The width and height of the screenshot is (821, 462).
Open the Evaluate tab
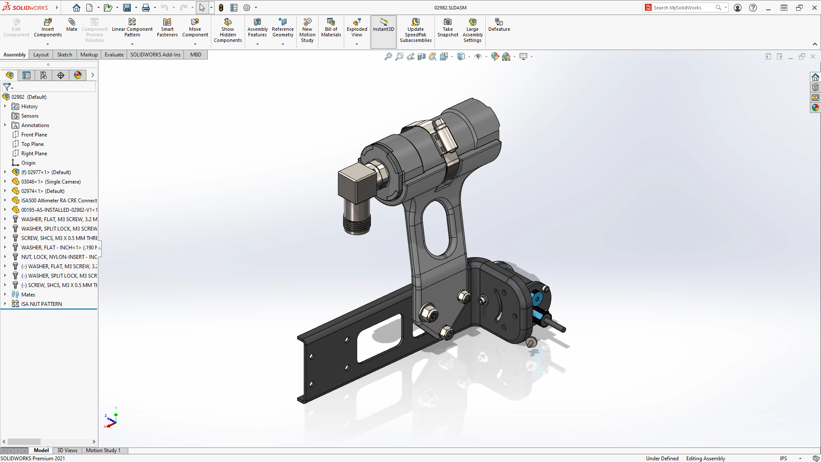tap(114, 55)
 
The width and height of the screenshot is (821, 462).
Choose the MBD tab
tap(196, 55)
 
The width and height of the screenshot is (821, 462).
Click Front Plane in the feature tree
tap(34, 135)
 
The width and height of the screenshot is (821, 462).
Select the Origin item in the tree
tap(28, 163)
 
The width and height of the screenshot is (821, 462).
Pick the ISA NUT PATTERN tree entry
tap(41, 304)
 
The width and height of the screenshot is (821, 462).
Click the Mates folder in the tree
tap(28, 295)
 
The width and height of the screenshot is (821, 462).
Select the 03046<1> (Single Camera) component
tap(51, 182)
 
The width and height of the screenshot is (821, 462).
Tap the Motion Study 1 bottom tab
tap(103, 450)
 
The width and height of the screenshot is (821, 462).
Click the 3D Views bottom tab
tap(67, 450)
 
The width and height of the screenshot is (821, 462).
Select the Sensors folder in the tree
tap(30, 116)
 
